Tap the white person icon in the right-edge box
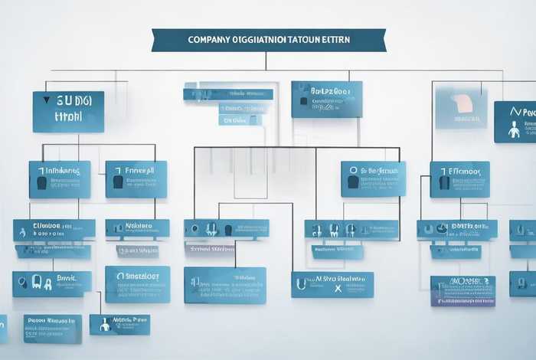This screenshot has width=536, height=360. (x=514, y=129)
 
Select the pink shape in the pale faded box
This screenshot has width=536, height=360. (x=462, y=104)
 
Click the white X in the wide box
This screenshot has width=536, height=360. (x=336, y=290)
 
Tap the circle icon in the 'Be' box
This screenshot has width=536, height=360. (x=353, y=171)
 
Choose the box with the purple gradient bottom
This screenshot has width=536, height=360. (x=462, y=291)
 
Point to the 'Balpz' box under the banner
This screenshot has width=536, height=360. (x=326, y=100)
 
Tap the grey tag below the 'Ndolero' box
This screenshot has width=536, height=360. (x=137, y=250)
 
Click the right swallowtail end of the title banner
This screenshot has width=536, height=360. (x=381, y=40)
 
